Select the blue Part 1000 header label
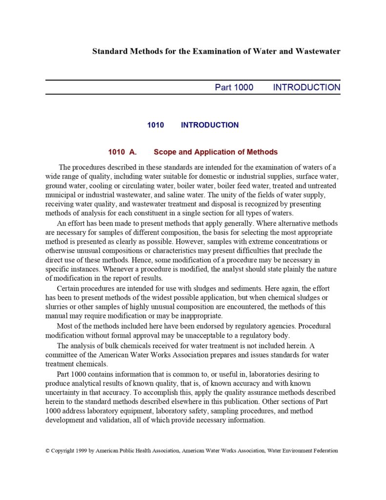(234, 87)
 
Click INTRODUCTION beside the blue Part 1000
(306, 87)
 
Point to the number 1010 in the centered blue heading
(156, 125)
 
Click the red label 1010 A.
(122, 152)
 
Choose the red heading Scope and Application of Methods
(216, 152)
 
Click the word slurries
(57, 307)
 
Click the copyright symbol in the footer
(48, 451)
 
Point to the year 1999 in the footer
(81, 451)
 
